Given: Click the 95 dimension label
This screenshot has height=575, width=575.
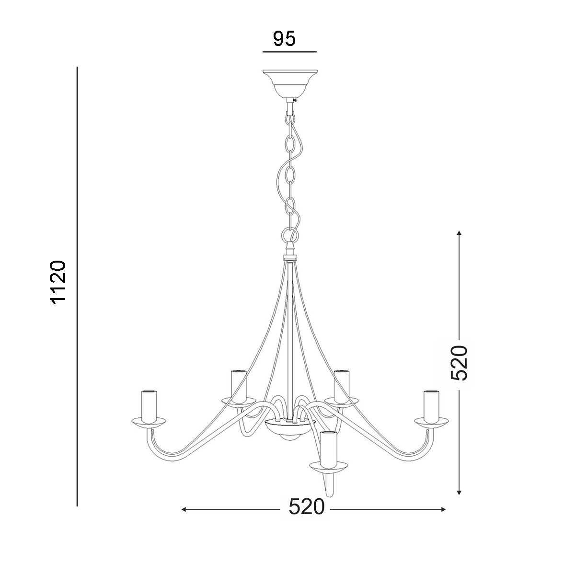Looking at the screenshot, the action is coord(284,38).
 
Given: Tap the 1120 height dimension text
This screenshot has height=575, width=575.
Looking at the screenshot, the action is coord(58,282).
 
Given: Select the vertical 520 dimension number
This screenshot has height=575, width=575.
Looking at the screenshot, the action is coord(459,363).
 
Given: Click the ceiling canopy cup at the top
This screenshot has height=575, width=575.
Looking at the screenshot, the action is coord(290,83).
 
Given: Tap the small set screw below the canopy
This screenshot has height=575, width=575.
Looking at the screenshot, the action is coord(295,101).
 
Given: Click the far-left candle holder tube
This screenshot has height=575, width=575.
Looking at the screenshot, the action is coord(149,406).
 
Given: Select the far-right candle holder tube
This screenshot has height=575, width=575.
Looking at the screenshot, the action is coord(431,406).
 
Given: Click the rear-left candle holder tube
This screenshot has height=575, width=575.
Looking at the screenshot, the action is coord(239,386).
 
